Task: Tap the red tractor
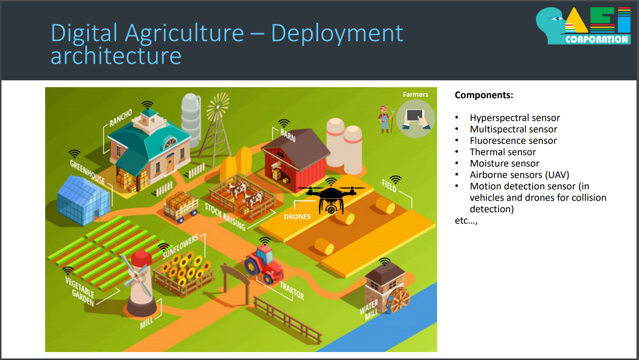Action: point(264,264)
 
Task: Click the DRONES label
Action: point(297,217)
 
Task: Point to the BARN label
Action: point(288,135)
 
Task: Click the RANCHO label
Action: point(121,118)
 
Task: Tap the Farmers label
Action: point(415,94)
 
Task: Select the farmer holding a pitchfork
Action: point(385,119)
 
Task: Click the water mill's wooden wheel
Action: point(399,300)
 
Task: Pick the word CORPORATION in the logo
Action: point(597,39)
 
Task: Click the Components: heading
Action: point(484,95)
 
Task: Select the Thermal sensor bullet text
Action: point(503,152)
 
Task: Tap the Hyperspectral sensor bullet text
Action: point(514,118)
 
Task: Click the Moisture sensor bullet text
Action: point(505,163)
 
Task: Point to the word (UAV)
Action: point(557,175)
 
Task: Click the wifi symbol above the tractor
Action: point(265,241)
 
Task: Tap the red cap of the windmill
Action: point(141,258)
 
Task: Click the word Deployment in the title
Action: point(337,34)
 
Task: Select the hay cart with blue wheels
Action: point(181,207)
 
